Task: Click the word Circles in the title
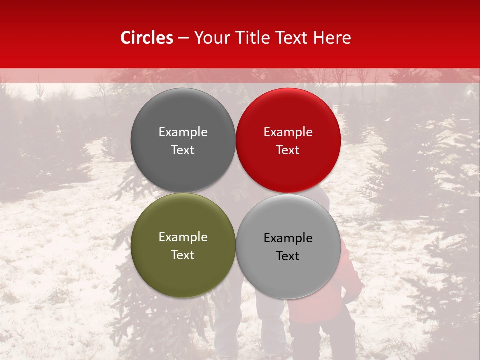pos(147,38)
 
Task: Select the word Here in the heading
pos(332,38)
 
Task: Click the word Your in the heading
pos(212,38)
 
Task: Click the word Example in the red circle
pos(288,132)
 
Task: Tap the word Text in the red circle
pos(288,150)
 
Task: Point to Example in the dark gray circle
pos(183,132)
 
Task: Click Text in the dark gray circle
pos(183,150)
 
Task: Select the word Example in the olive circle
pos(183,237)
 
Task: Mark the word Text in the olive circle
pos(183,255)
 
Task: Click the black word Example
pos(288,238)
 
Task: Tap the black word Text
pos(288,256)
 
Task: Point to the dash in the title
pos(183,38)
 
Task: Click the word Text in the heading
pos(292,38)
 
